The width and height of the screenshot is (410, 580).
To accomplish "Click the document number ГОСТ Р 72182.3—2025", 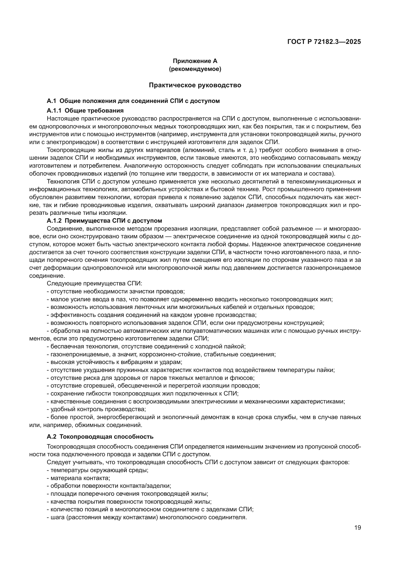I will [324, 42].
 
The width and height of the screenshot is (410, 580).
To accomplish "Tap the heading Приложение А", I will [195, 61].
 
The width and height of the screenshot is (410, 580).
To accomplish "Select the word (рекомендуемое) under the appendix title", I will [195, 69].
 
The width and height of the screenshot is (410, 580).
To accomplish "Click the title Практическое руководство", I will [195, 85].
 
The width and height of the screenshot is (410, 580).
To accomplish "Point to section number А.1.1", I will [54, 110].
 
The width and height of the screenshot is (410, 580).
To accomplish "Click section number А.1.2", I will [54, 220].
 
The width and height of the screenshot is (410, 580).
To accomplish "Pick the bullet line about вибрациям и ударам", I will [114, 362].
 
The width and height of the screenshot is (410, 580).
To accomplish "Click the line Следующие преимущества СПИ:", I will [94, 283].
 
